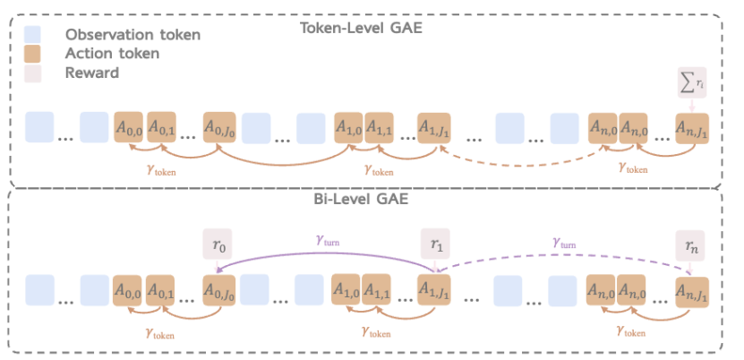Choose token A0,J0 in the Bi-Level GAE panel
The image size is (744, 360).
(219, 290)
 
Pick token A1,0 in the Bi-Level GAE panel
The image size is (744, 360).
(349, 290)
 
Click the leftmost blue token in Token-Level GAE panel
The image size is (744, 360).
(39, 127)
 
